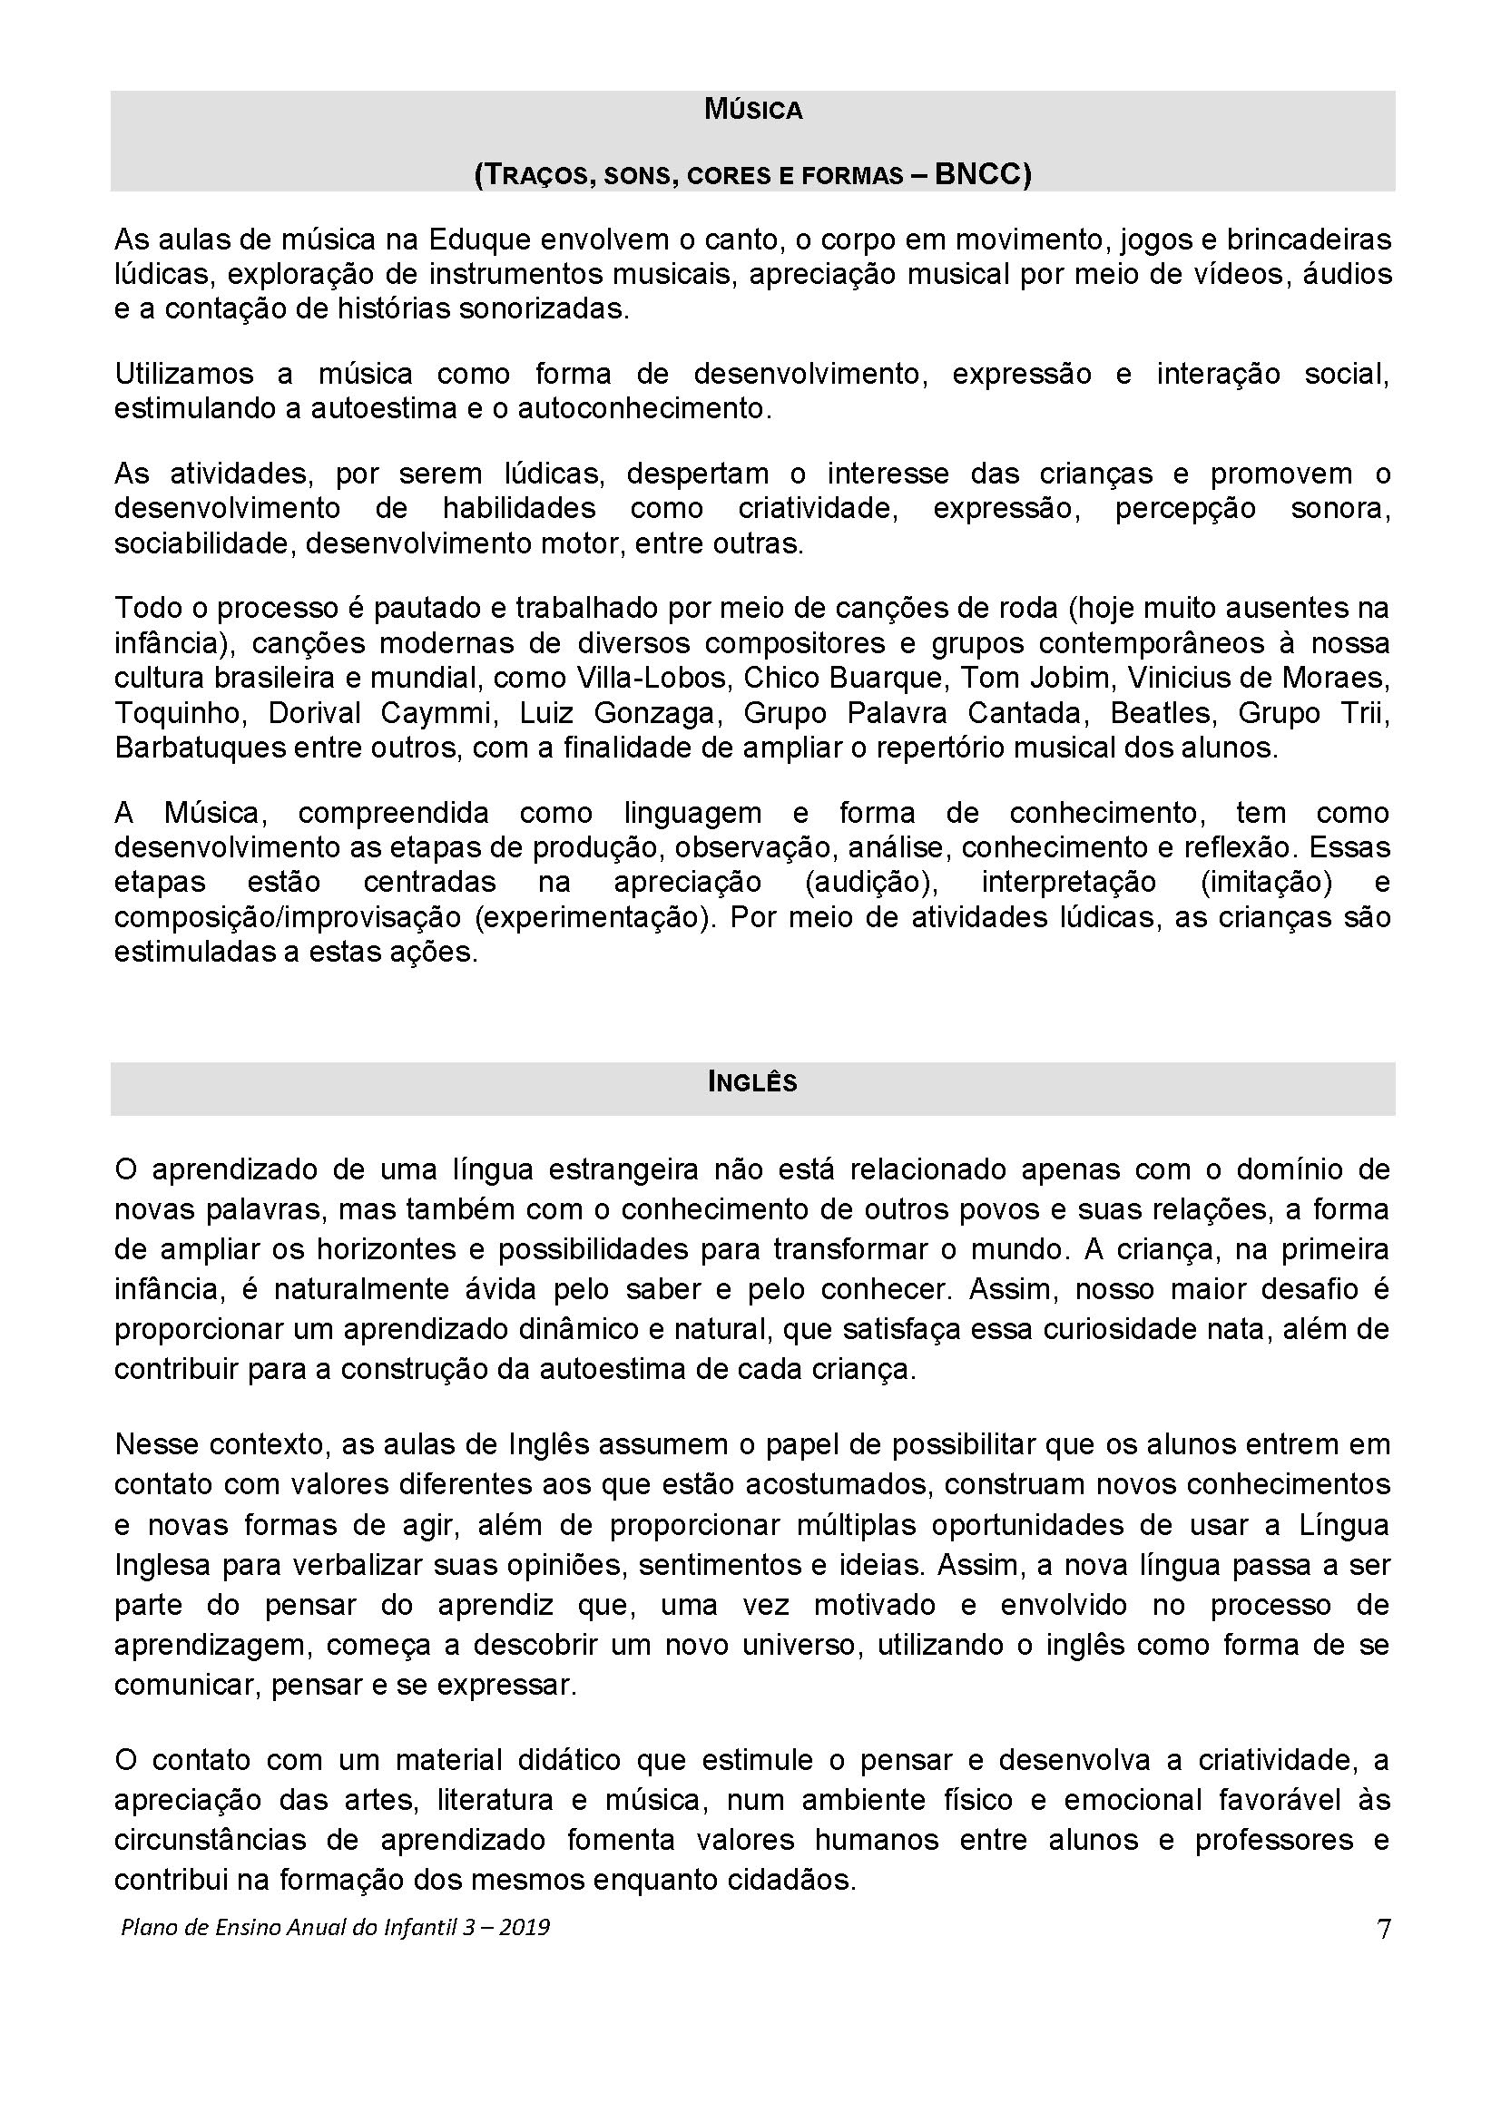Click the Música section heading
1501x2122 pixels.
coord(752,111)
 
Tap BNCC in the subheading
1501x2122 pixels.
coord(982,175)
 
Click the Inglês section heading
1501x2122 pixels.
coord(752,1082)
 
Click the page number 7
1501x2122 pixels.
coord(1384,1928)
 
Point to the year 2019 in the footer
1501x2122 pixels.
coord(524,1928)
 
